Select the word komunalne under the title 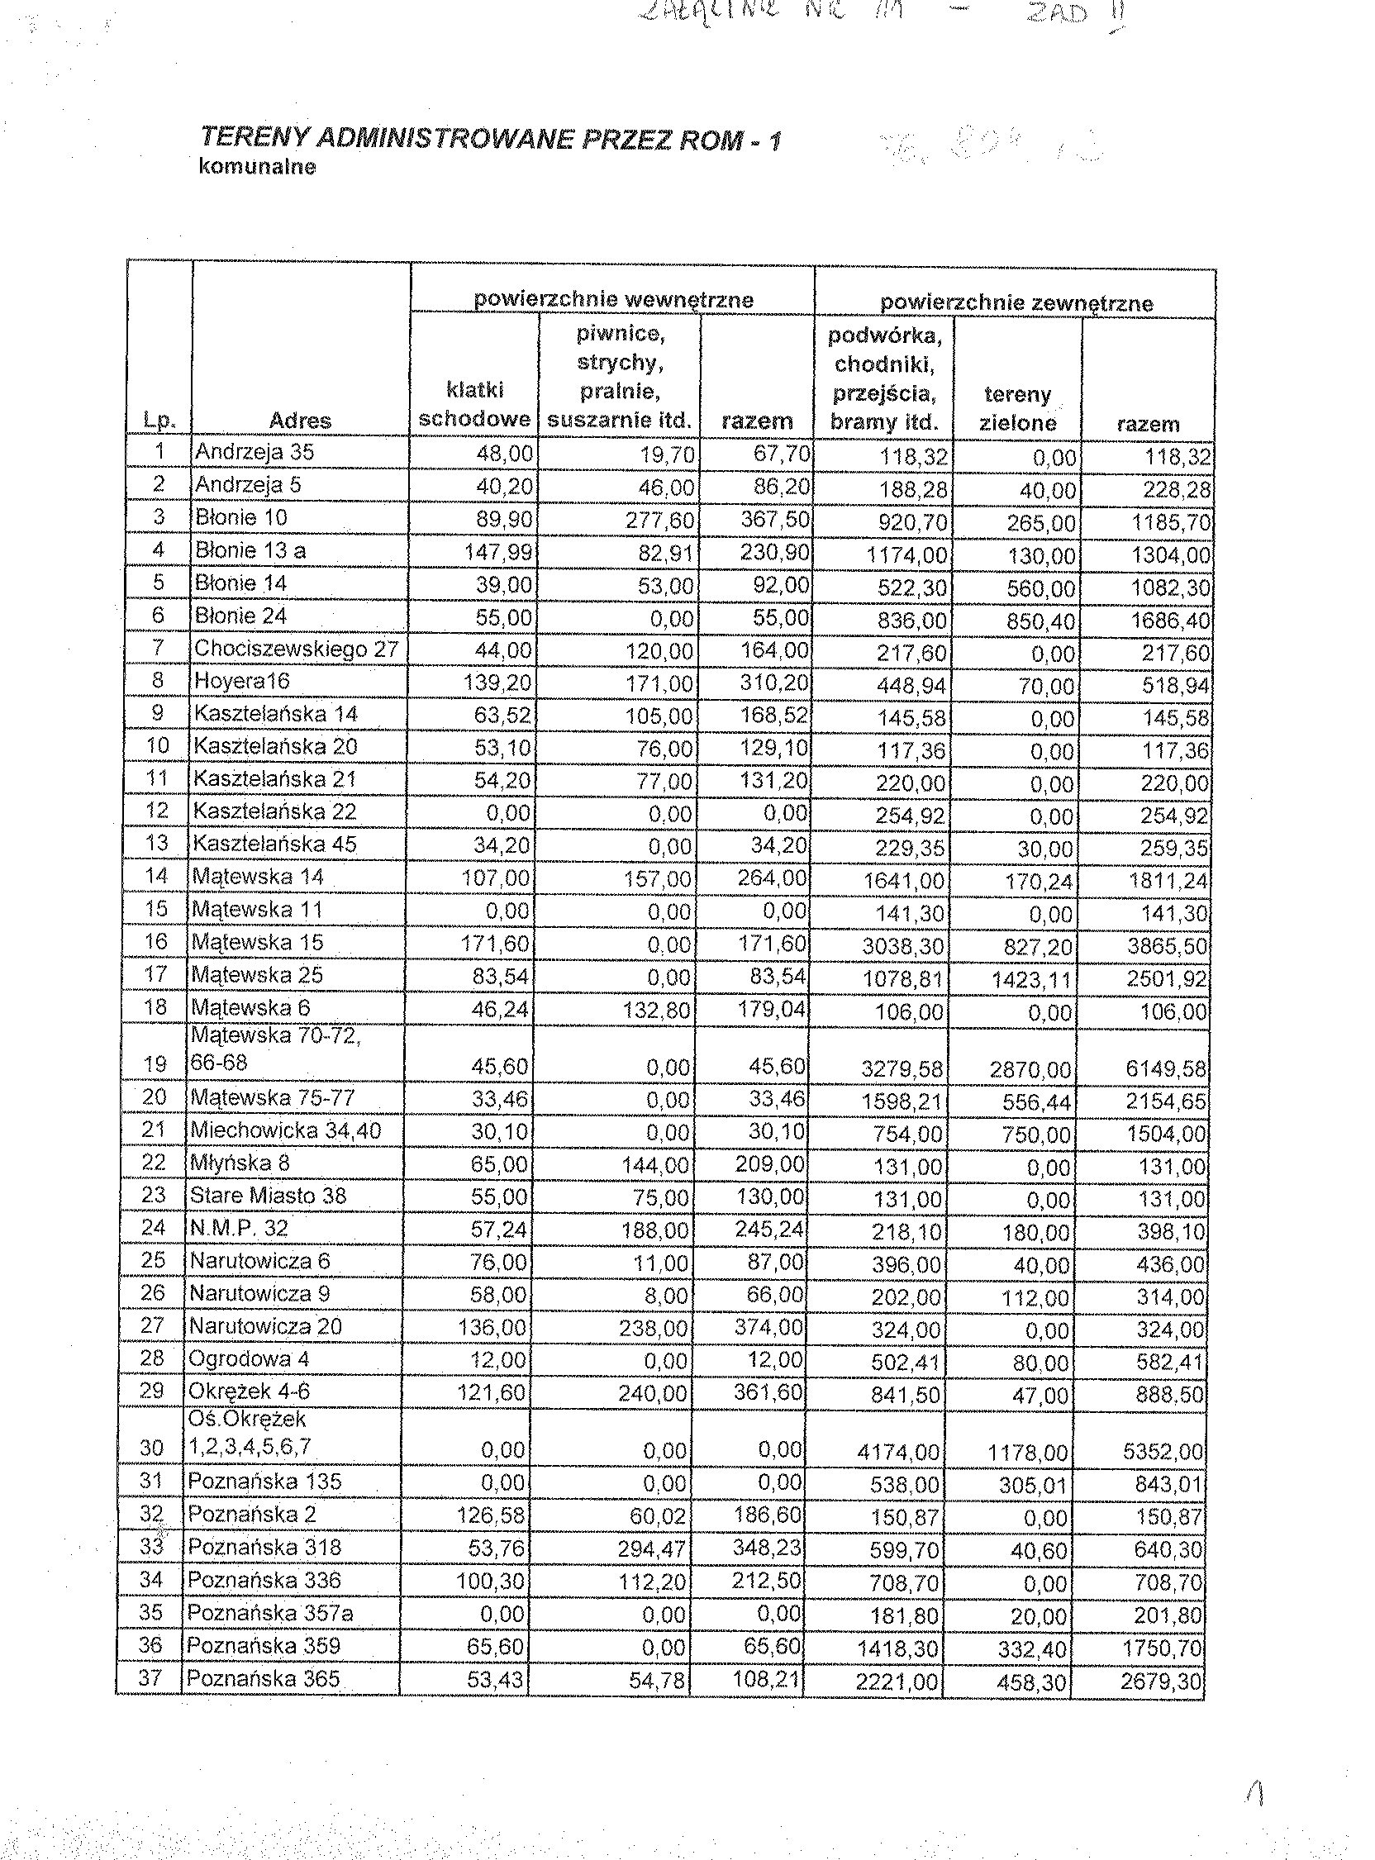257,166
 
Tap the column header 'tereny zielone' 1016,409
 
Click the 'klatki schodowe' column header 474,404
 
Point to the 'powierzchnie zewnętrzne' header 1016,303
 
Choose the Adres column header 300,421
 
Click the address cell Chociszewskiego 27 297,649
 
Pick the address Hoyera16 242,682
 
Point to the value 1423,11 1031,979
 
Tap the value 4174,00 898,1453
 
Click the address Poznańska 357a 269,1614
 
